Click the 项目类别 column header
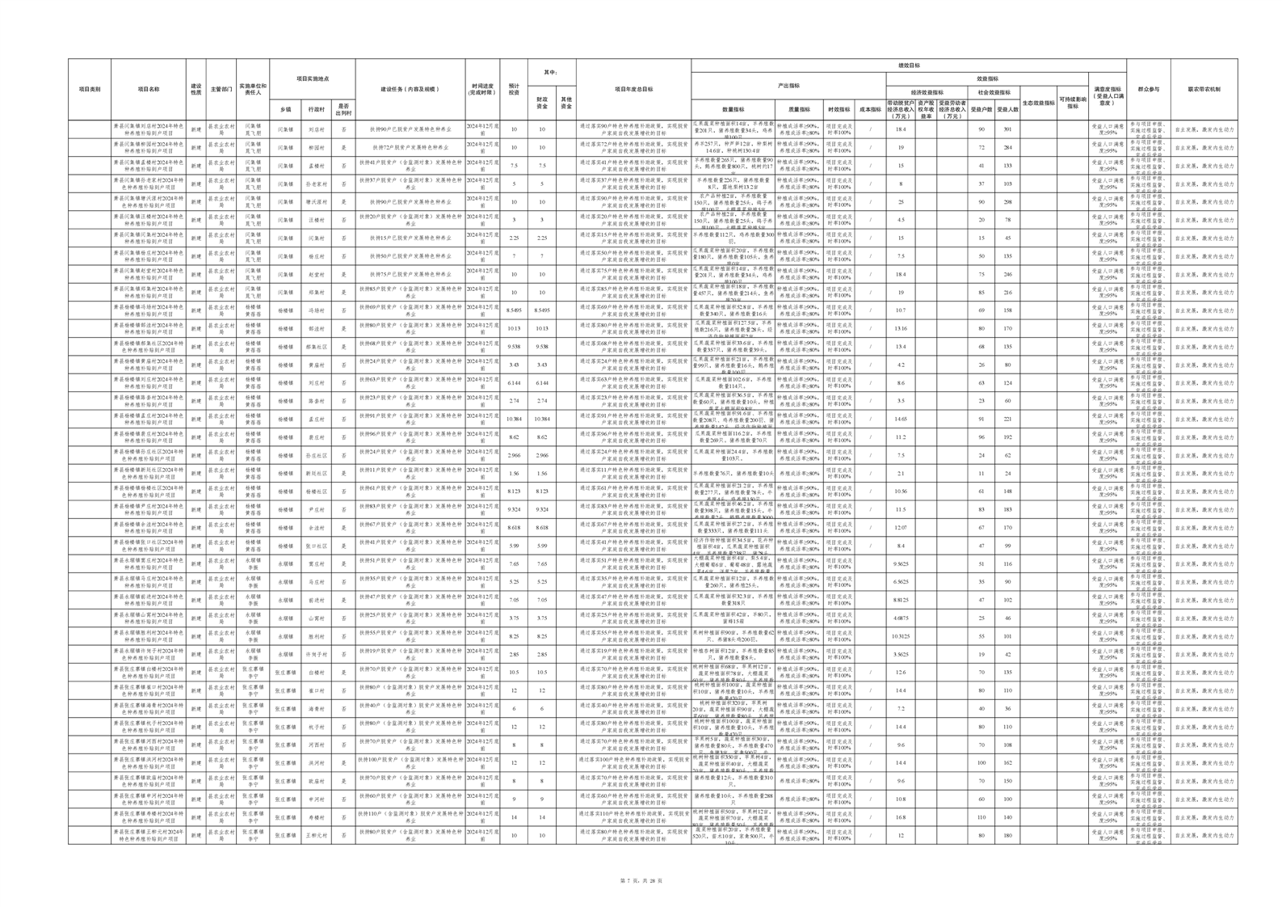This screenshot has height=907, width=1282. pyautogui.click(x=89, y=90)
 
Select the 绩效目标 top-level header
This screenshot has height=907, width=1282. pyautogui.click(x=908, y=65)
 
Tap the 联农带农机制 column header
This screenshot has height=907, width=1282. pyautogui.click(x=1204, y=90)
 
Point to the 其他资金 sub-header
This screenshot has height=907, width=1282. pyautogui.click(x=566, y=103)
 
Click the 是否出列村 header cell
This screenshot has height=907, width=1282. pyautogui.click(x=343, y=109)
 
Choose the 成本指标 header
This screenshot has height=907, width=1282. pyautogui.click(x=870, y=109)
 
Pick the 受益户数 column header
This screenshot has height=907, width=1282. pyautogui.click(x=981, y=109)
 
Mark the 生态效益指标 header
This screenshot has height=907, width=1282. pyautogui.click(x=1038, y=103)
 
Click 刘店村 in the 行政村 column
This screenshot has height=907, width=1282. pyautogui.click(x=316, y=129)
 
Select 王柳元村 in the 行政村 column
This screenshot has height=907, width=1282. pyautogui.click(x=316, y=835)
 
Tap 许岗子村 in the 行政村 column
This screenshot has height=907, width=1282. pyautogui.click(x=316, y=654)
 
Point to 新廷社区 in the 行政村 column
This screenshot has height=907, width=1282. pyautogui.click(x=316, y=473)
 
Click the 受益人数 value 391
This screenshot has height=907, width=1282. pyautogui.click(x=1007, y=129)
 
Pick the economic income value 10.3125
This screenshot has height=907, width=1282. pyautogui.click(x=901, y=636)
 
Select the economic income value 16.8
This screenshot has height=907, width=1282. pyautogui.click(x=901, y=817)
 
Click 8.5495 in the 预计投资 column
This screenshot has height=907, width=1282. pyautogui.click(x=514, y=310)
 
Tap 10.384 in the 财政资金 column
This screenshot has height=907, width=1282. pyautogui.click(x=542, y=419)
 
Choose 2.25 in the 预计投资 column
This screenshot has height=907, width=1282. pyautogui.click(x=514, y=238)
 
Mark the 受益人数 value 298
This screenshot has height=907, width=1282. pyautogui.click(x=1007, y=202)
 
